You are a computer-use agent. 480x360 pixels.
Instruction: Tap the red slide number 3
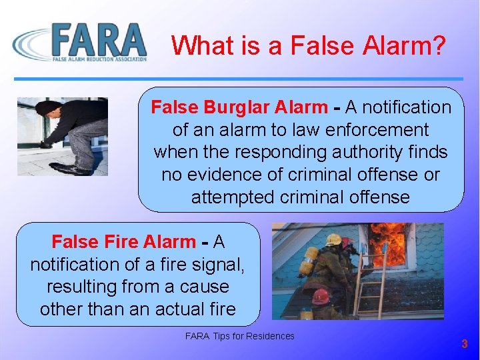465,344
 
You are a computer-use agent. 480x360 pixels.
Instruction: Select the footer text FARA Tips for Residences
239,336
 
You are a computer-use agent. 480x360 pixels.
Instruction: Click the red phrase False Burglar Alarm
239,107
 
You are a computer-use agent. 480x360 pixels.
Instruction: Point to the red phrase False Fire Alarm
123,242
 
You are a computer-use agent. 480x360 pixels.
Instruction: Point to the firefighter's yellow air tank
308,261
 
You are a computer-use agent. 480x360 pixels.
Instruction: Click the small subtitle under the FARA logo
101,59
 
